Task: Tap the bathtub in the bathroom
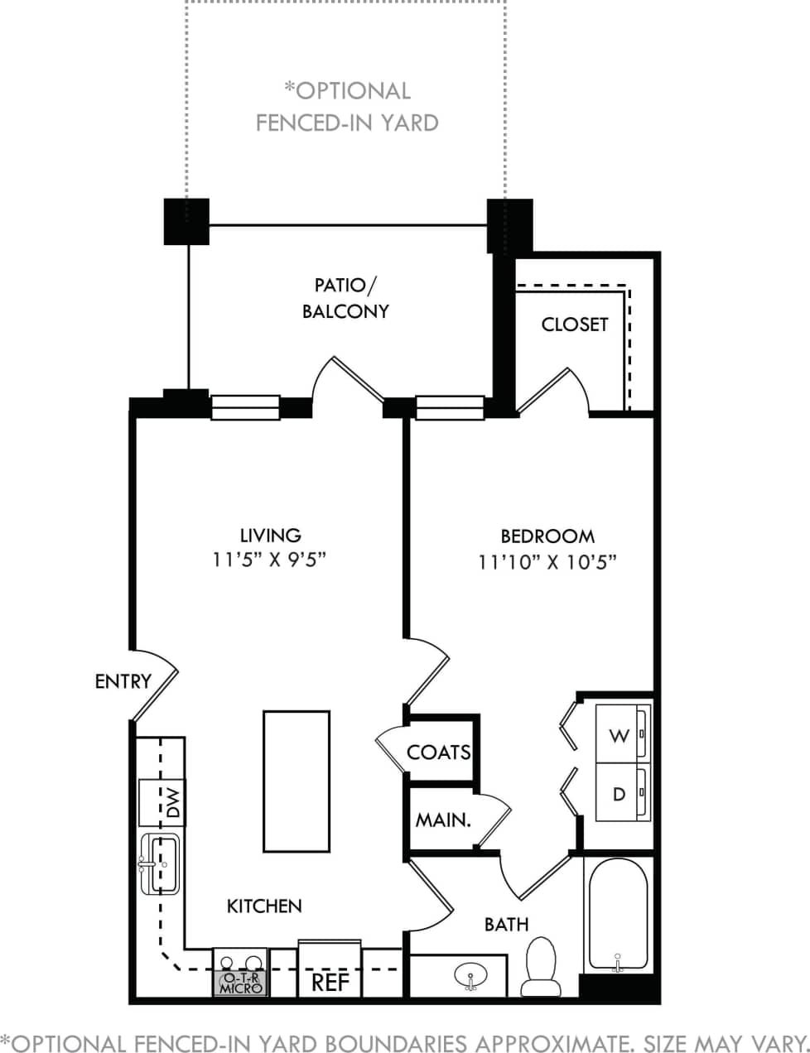click(x=617, y=916)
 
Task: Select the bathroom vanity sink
click(x=470, y=976)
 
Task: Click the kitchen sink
click(x=161, y=864)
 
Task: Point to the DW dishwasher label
click(x=171, y=802)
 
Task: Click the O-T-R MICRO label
click(x=241, y=983)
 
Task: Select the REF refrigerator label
click(x=330, y=983)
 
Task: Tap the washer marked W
click(x=619, y=734)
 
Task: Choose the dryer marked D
click(x=619, y=793)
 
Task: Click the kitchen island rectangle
click(x=297, y=781)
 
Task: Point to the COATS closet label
click(x=438, y=752)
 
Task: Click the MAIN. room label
click(x=443, y=820)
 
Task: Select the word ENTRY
click(x=123, y=681)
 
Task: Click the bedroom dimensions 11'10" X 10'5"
click(x=547, y=563)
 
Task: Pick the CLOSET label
click(x=574, y=325)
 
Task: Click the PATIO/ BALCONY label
click(x=345, y=299)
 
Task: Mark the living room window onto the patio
click(x=245, y=407)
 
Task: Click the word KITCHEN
click(x=264, y=906)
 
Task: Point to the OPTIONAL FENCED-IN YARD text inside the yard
click(x=347, y=107)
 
